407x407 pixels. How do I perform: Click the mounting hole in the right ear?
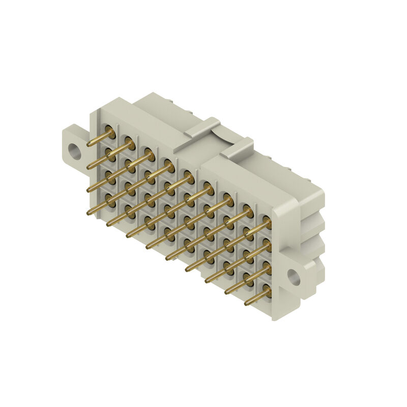click(x=294, y=276)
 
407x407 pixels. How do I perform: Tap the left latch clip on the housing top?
click(x=202, y=128)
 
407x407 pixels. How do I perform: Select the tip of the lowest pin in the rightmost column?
click(x=246, y=304)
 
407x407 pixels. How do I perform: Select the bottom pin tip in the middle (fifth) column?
click(x=167, y=258)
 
